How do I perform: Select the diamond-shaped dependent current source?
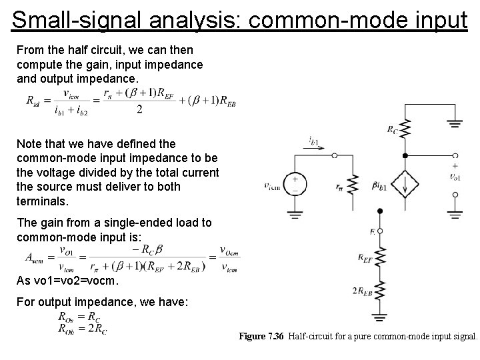tap(405, 183)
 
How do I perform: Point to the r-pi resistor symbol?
tap(353, 186)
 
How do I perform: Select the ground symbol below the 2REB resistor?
tap(380, 317)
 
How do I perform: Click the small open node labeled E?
tap(380, 230)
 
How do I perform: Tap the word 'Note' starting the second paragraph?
tap(29, 143)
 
